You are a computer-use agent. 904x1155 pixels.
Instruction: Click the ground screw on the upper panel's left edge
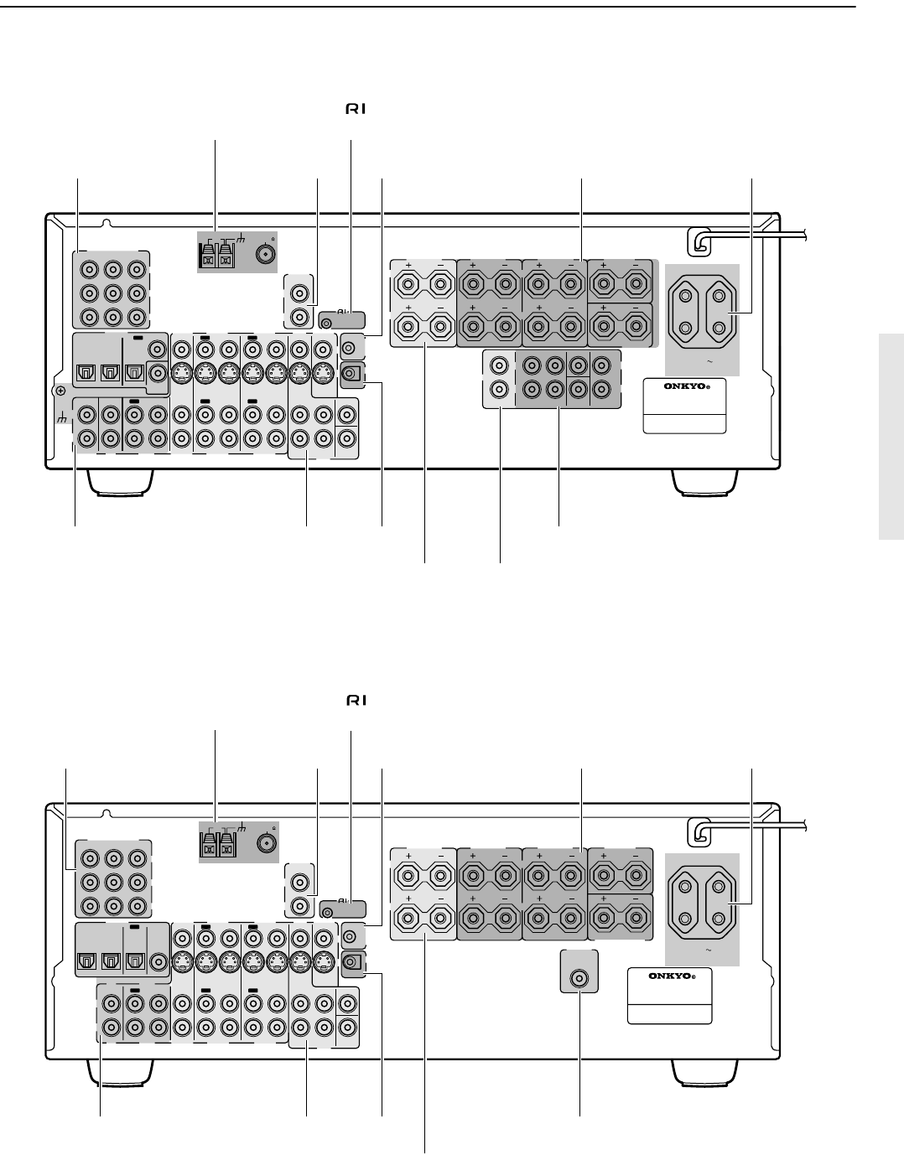[x=59, y=390]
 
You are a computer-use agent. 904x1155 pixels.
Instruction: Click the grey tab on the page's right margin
[x=891, y=437]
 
